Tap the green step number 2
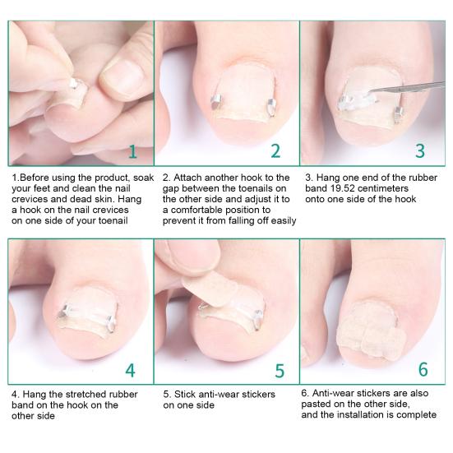275,150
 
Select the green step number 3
420,150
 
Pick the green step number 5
280,369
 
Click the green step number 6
423,369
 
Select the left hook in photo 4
62,312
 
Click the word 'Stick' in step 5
186,394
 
